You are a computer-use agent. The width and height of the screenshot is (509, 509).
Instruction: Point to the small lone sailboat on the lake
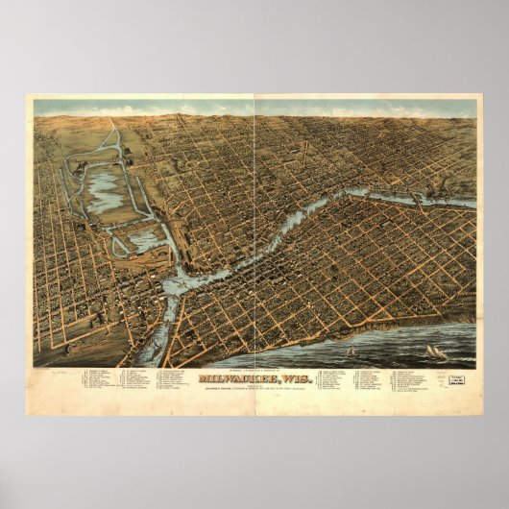coord(351,351)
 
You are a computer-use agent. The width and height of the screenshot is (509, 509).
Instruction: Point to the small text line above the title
coord(254,370)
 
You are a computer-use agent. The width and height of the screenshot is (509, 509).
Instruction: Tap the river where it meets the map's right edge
coord(471,203)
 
